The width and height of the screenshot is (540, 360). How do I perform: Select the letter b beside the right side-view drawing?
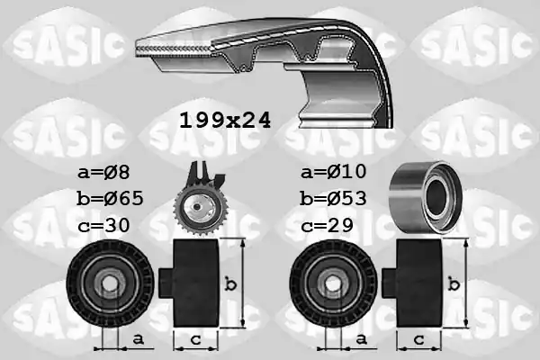coord(457,284)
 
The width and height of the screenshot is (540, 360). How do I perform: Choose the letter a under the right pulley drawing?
coord(360,338)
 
